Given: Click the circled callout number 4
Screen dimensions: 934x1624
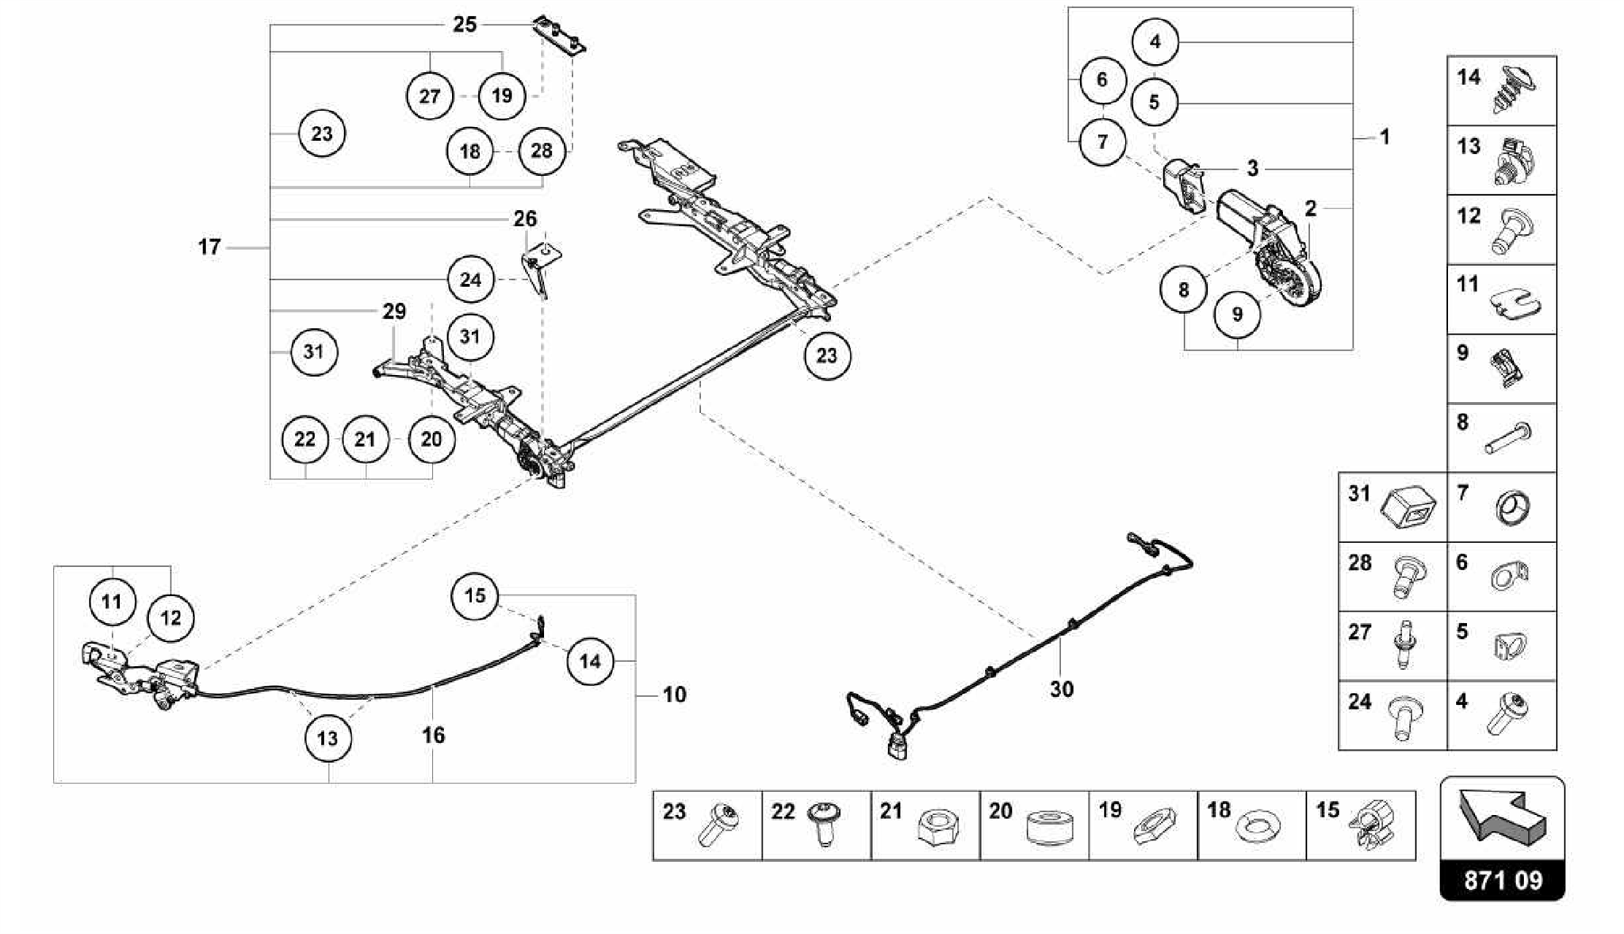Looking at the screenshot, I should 1155,41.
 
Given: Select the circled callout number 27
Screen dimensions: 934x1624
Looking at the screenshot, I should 429,96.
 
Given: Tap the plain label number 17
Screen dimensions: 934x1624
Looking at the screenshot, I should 209,247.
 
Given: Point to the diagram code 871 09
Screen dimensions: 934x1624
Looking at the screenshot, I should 1503,880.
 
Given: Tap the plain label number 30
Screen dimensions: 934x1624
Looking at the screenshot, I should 1061,689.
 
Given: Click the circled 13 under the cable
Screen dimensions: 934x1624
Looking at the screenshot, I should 327,738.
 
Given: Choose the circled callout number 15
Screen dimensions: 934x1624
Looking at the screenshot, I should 474,595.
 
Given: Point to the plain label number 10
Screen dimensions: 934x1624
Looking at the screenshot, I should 674,695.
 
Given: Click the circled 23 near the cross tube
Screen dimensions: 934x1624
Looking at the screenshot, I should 826,355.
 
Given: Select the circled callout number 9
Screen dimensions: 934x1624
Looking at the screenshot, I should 1237,314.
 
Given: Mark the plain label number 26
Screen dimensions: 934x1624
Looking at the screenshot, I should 525,218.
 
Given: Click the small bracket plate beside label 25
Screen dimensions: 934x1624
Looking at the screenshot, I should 559,36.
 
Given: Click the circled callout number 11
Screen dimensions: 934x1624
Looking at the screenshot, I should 111,601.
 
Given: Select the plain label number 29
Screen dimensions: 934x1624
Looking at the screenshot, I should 394,311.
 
